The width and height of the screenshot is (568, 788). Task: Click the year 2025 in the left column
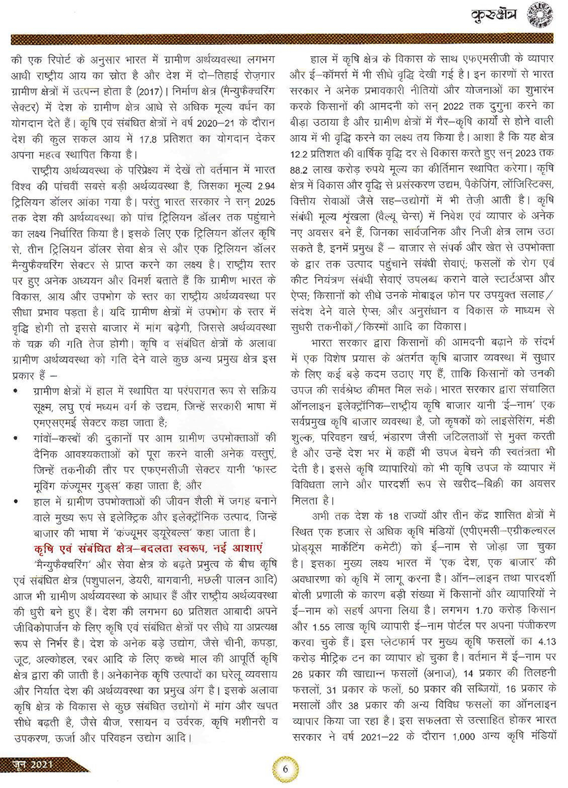(265, 202)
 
